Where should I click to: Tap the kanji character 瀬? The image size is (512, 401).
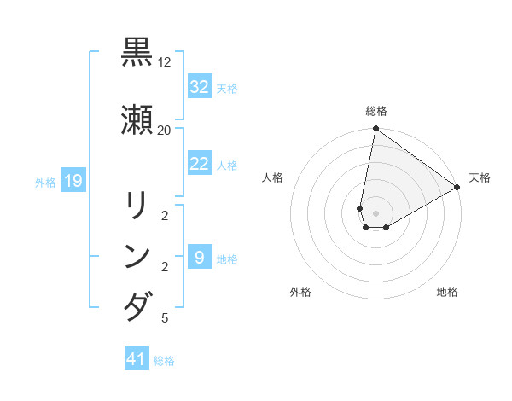click(137, 119)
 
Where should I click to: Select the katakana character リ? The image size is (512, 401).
click(137, 206)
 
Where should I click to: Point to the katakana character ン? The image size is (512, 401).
click(137, 257)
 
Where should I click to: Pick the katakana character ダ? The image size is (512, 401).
click(137, 306)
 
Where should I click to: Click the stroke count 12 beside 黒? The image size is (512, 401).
click(165, 62)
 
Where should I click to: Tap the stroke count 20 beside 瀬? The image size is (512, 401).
click(165, 131)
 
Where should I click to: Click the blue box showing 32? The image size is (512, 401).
click(199, 87)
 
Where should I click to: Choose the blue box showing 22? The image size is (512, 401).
click(199, 164)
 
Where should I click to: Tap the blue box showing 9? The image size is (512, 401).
click(199, 258)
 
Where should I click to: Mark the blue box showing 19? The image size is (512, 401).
click(73, 181)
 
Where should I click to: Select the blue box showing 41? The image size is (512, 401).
click(137, 360)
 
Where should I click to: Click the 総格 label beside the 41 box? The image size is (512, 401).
click(164, 361)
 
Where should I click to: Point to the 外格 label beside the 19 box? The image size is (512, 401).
click(45, 182)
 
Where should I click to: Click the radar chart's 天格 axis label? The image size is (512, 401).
click(480, 177)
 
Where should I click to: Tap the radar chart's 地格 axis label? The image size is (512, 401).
click(447, 292)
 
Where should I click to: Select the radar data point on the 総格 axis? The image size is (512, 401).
click(375, 129)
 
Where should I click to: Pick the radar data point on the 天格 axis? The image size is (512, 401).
click(457, 188)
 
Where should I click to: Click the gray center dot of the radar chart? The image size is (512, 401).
click(375, 213)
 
